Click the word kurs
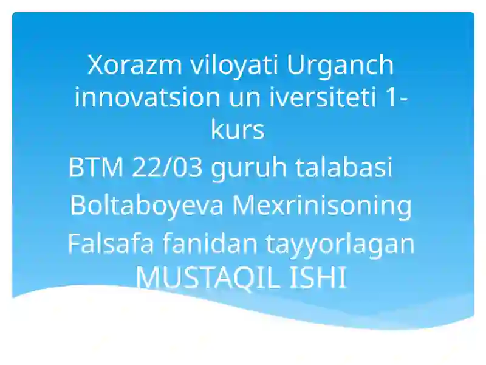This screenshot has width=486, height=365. [238, 130]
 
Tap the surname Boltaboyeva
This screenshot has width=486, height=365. [148, 206]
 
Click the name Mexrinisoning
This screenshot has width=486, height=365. [322, 206]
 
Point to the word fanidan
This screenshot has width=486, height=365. [209, 243]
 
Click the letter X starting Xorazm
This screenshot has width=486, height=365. [95, 64]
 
